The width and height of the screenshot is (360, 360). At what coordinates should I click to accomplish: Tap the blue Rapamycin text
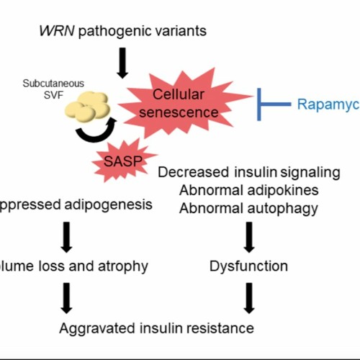coord(328,104)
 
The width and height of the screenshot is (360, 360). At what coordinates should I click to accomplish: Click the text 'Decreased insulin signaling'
coord(248,172)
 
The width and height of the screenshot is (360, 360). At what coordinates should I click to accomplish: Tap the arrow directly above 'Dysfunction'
coord(248,236)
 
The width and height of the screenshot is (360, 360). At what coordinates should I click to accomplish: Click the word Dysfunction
coord(248,266)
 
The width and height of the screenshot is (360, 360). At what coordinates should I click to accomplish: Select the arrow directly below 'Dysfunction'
coord(248,297)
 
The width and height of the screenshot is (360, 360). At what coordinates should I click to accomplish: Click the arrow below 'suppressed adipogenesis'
coord(66,236)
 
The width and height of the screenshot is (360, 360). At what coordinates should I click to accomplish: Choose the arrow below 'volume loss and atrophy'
coord(66,297)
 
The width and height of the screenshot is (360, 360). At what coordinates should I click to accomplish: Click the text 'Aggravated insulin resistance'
coord(157,328)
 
